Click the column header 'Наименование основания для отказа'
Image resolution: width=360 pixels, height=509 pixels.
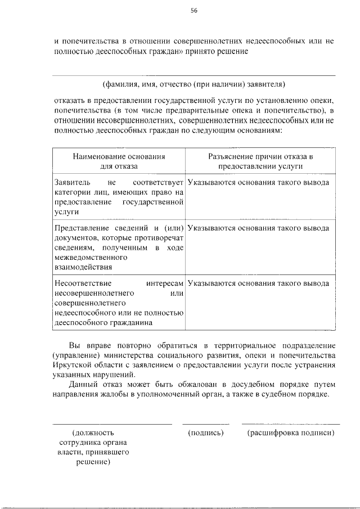(118, 161)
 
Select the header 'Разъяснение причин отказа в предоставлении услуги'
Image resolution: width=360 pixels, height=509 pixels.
(260, 161)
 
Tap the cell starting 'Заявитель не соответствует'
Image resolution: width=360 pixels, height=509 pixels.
(119, 197)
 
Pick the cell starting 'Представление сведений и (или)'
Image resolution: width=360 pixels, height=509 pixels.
(119, 247)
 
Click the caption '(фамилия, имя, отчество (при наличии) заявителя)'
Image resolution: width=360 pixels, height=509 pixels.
(193, 84)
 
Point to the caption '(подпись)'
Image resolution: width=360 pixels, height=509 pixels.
(205, 433)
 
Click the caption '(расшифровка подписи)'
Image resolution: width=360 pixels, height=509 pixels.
(291, 433)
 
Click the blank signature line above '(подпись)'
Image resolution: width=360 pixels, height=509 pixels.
(205, 424)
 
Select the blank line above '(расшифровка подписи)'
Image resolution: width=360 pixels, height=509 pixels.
(290, 424)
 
